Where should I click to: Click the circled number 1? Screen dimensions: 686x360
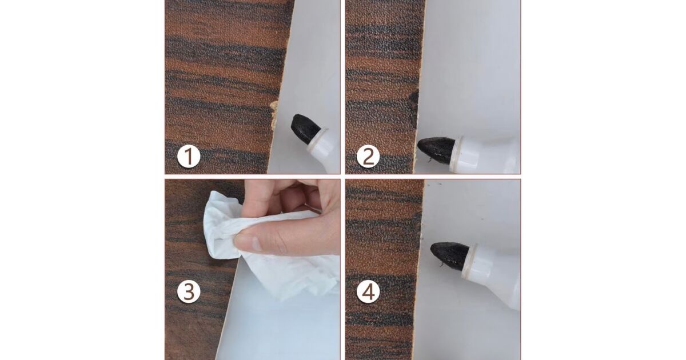pyautogui.click(x=189, y=156)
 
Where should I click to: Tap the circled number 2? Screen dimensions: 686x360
pyautogui.click(x=368, y=156)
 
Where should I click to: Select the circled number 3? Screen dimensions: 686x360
pyautogui.click(x=189, y=291)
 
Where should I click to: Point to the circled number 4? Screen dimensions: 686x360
pyautogui.click(x=368, y=291)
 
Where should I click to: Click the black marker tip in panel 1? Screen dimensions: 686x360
pyautogui.click(x=304, y=128)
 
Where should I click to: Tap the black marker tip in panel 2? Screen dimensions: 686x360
pyautogui.click(x=436, y=149)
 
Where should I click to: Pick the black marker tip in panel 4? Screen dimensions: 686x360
pyautogui.click(x=449, y=255)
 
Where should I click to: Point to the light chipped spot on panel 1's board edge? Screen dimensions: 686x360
pyautogui.click(x=274, y=114)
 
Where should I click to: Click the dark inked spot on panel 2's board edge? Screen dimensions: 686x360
pyautogui.click(x=414, y=98)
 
